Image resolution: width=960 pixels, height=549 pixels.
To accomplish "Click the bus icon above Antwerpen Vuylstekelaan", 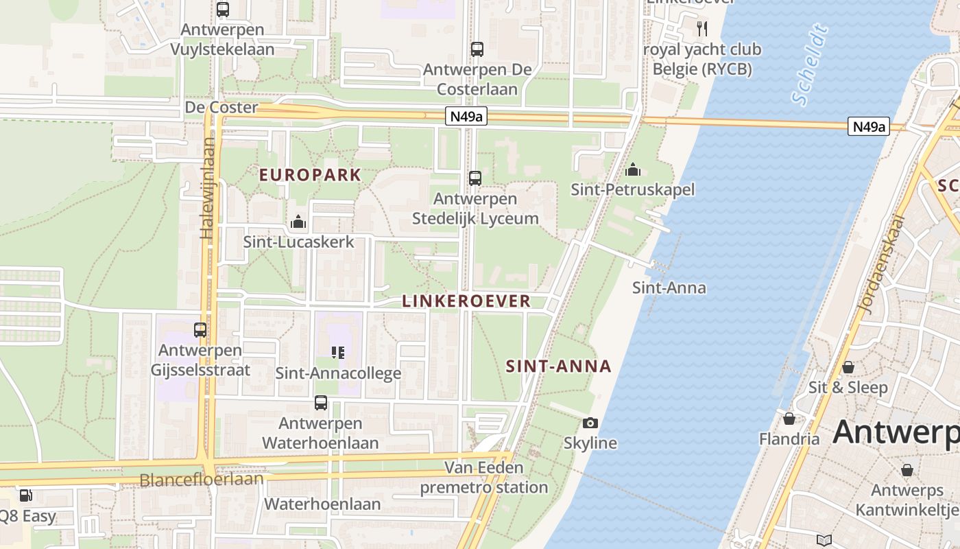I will click(x=223, y=10).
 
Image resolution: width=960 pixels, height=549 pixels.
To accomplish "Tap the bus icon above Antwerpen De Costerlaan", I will click(x=477, y=49).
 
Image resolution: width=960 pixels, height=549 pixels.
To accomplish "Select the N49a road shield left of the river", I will click(x=466, y=117).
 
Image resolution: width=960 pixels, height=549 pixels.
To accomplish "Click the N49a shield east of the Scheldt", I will click(x=868, y=126).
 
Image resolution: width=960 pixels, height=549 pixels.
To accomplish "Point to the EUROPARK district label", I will click(x=310, y=175).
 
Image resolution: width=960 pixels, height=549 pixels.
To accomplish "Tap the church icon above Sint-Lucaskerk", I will click(x=298, y=222).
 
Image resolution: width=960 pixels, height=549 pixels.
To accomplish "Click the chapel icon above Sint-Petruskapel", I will click(x=633, y=170).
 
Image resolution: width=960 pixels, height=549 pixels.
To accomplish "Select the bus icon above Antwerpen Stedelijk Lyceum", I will click(x=475, y=178).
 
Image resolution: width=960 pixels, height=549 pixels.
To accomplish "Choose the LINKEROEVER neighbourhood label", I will click(x=466, y=301).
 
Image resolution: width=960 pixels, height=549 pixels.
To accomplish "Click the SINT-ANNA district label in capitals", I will click(x=558, y=366).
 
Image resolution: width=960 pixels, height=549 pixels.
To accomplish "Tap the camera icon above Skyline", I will click(x=590, y=423).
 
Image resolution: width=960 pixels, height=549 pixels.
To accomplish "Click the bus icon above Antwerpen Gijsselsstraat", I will click(x=200, y=330).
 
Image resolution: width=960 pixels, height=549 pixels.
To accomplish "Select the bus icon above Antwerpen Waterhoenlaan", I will click(x=321, y=403).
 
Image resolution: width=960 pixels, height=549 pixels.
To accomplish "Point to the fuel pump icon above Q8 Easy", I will click(x=25, y=495).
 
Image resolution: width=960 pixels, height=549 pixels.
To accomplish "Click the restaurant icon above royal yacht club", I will click(x=701, y=29).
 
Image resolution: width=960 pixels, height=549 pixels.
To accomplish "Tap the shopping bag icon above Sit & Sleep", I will click(x=848, y=367).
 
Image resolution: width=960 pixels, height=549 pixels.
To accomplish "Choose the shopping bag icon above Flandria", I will click(x=789, y=419).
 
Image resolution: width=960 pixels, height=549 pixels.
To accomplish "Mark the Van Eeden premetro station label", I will click(x=484, y=478).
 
